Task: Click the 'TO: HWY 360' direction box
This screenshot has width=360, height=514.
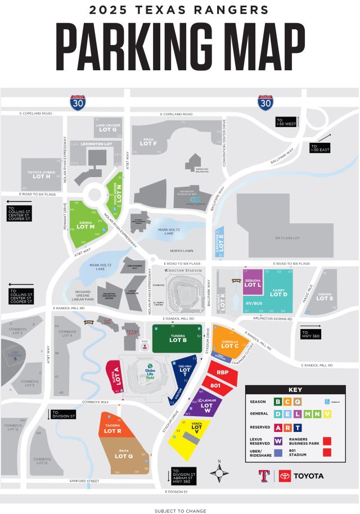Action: point(310,333)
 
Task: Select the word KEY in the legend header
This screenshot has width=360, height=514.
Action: point(295,390)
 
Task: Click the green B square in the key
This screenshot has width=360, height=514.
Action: point(278,402)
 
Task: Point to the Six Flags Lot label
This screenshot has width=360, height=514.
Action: point(287,238)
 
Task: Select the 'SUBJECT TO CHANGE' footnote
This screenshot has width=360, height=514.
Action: point(180,511)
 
